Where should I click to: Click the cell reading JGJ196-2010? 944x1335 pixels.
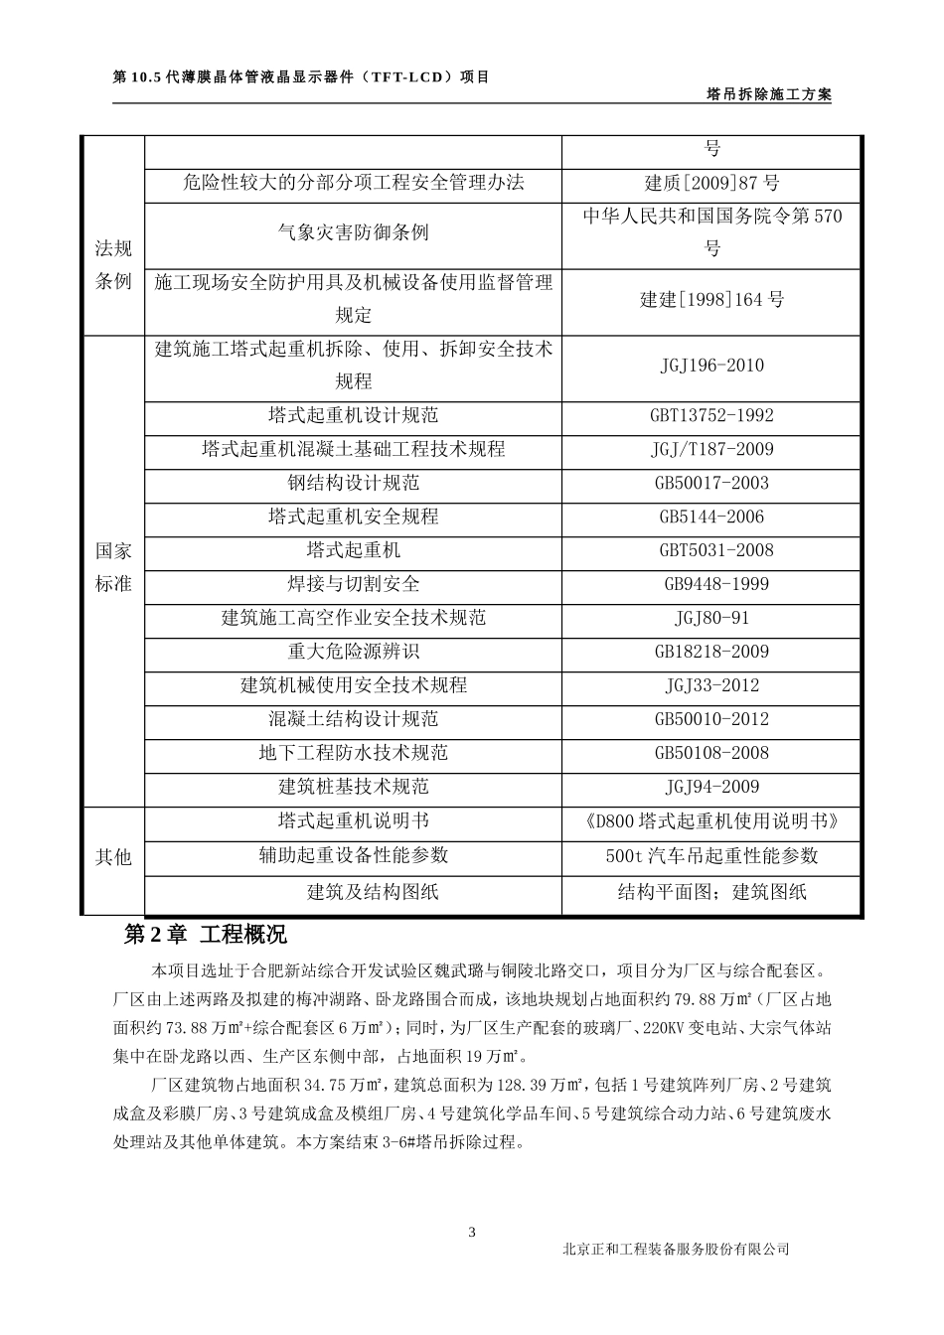711,366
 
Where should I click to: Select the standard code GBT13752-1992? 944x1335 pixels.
711,416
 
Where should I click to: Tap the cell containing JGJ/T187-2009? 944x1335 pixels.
711,449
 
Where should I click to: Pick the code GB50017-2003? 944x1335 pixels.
711,484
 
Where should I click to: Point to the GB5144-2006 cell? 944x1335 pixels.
711,518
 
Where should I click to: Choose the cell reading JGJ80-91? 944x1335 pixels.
711,618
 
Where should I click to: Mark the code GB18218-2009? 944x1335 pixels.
711,652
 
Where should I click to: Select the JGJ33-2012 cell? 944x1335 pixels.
711,685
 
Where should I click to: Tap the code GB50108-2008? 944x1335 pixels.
711,753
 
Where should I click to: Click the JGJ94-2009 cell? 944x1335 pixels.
711,787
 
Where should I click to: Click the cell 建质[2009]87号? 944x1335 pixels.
711,183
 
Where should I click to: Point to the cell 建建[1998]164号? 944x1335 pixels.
711,299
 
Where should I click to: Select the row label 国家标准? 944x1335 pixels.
113,567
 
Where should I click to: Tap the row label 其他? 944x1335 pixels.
113,856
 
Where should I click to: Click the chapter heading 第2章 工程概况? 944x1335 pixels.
205,935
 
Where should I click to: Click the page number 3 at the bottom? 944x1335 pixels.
472,1233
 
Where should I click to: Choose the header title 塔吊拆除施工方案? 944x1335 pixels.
768,94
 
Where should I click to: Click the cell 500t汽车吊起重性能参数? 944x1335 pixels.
711,856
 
